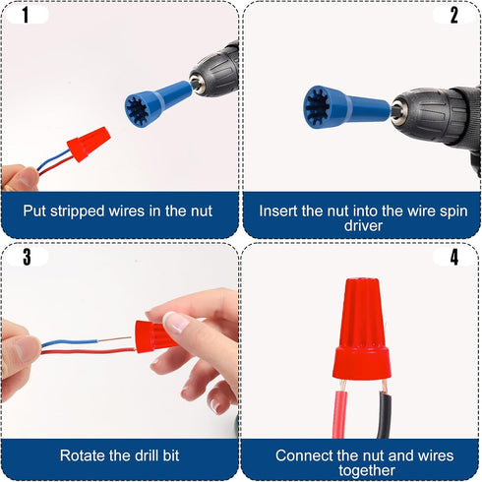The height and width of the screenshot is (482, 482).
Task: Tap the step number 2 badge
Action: click(x=454, y=15)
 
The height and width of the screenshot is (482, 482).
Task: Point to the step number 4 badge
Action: click(x=454, y=258)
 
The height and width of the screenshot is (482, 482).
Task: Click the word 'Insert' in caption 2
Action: click(x=279, y=210)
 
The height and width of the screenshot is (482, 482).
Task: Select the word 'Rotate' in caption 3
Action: click(x=84, y=455)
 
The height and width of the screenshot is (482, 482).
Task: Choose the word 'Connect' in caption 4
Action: click(x=304, y=455)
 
